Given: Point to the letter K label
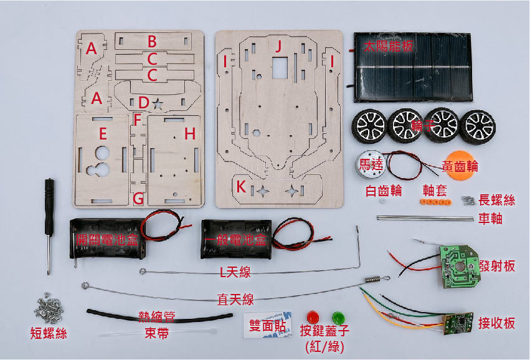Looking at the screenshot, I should tap(241, 186).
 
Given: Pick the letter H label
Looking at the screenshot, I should tap(190, 133).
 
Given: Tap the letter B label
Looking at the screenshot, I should tap(151, 42).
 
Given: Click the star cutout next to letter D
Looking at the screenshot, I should tap(158, 103).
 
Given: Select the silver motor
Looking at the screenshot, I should tap(374, 165).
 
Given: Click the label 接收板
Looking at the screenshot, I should tap(496, 323).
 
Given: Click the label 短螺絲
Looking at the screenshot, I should tap(48, 334).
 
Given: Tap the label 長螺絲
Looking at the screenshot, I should tap(497, 200).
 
